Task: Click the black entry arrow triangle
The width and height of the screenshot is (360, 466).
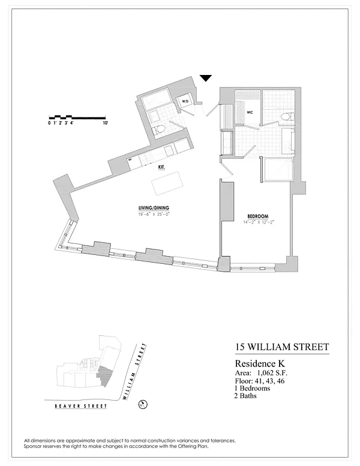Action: [x=206, y=77]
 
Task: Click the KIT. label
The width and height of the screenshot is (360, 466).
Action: [x=161, y=168]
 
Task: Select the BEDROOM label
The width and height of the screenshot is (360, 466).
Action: [x=257, y=216]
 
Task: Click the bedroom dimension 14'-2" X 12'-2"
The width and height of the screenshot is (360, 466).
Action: [x=258, y=222]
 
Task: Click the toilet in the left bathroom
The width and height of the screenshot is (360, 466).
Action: [x=159, y=129]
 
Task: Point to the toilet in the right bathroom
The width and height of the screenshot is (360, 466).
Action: [x=286, y=116]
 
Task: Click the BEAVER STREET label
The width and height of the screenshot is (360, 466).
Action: [x=80, y=406]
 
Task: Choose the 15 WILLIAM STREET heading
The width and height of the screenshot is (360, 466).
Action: [x=280, y=347]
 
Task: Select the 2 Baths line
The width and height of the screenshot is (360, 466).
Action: [x=246, y=396]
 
